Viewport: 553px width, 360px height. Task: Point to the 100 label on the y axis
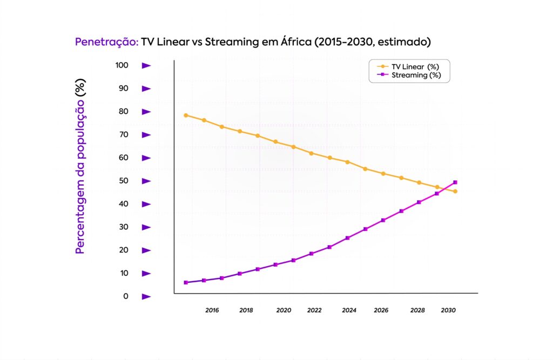(122, 65)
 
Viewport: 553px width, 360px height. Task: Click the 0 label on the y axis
(126, 296)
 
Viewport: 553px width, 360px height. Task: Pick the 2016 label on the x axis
(212, 310)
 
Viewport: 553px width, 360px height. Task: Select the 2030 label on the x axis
(448, 310)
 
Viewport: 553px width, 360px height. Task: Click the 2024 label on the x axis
(349, 310)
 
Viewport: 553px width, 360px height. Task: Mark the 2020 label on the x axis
(284, 310)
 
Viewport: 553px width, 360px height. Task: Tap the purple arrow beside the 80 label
(146, 112)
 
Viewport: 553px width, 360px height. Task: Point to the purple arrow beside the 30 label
(146, 227)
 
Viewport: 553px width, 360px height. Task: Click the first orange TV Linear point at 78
(186, 115)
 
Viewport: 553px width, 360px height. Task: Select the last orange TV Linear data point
(455, 191)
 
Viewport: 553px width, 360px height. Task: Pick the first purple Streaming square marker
(186, 282)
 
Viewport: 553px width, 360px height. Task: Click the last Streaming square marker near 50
(455, 182)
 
